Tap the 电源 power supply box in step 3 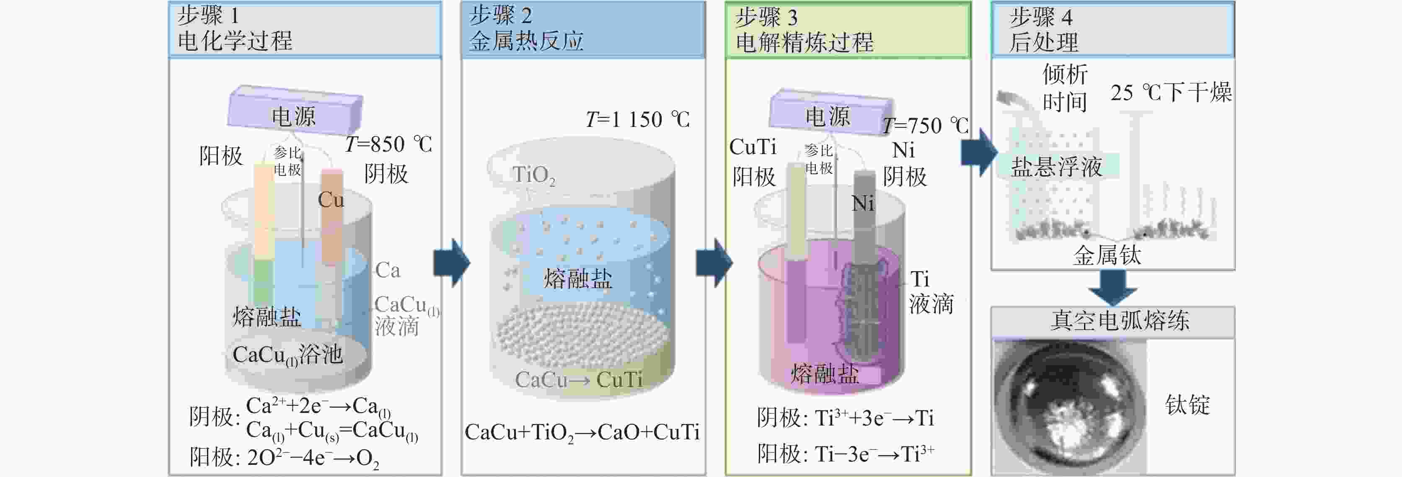pyautogui.click(x=830, y=111)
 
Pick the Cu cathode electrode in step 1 pyautogui.click(x=331, y=217)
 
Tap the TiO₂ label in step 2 pyautogui.click(x=534, y=175)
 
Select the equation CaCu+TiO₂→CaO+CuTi pyautogui.click(x=582, y=433)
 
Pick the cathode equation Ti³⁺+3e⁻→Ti pyautogui.click(x=874, y=418)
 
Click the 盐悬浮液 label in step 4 pyautogui.click(x=1056, y=166)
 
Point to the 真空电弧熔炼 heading pyautogui.click(x=1120, y=320)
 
